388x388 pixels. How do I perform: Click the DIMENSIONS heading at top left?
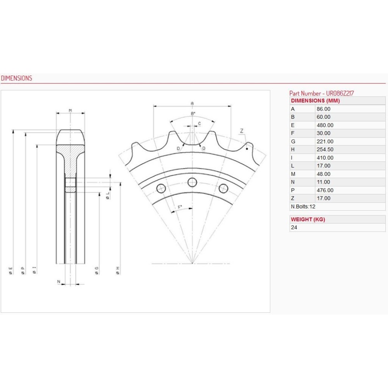(x=17, y=78)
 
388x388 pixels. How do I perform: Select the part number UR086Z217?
(x=340, y=93)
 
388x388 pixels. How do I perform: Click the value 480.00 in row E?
(x=325, y=125)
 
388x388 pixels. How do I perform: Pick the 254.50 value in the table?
(x=325, y=149)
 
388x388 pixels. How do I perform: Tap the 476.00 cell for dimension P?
(x=325, y=190)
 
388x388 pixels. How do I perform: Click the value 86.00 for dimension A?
(x=324, y=109)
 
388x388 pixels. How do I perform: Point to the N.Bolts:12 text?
(x=303, y=207)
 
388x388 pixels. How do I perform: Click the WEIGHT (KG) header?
(x=308, y=219)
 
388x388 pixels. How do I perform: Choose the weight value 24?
(x=294, y=227)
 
